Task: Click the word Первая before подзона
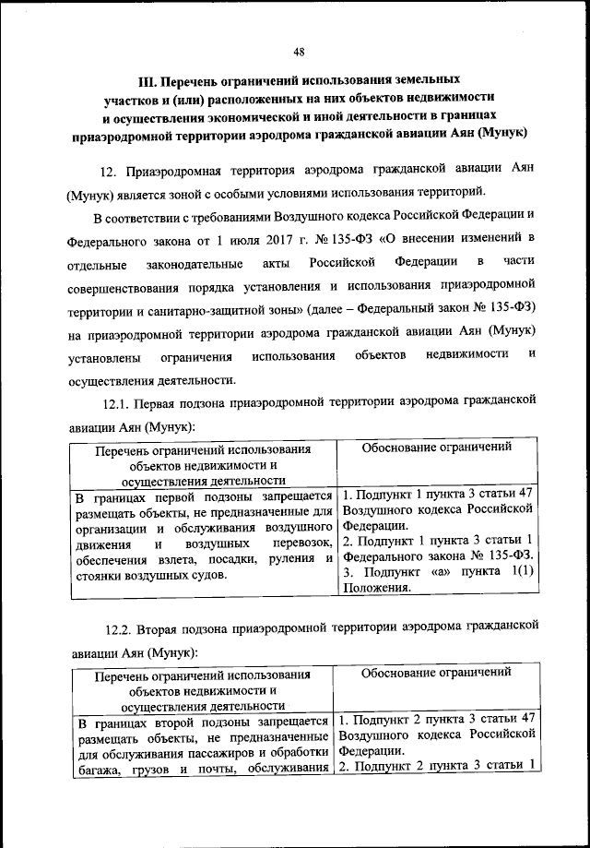click(x=155, y=404)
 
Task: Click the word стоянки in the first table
click(x=100, y=576)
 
